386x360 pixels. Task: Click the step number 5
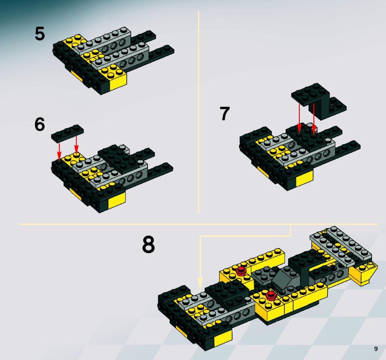39,34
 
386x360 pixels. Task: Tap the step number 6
39,124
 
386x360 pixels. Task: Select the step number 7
225,113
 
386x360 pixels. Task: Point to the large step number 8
148,244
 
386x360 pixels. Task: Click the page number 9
376,349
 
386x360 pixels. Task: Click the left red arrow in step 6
59,152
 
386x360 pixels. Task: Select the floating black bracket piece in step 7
319,101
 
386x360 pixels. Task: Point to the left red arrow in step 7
299,118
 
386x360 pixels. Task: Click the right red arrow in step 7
314,119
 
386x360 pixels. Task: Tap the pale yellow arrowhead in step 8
200,283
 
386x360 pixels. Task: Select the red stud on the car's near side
271,295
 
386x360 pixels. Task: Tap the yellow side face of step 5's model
118,82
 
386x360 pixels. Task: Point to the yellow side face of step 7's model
304,178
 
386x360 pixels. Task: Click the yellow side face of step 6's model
117,200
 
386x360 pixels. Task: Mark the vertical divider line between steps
199,112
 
